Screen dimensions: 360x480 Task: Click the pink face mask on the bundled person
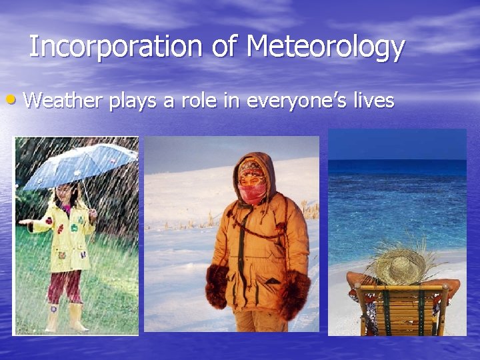(x=252, y=193)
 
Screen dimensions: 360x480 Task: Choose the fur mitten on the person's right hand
(x=216, y=287)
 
